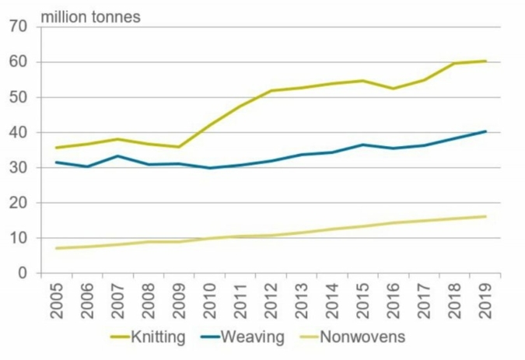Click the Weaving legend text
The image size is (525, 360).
[x=253, y=337]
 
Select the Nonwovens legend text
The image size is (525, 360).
[x=362, y=337]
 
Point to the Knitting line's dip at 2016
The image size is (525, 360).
[x=394, y=89]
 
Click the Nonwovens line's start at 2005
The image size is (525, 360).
[x=56, y=248]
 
